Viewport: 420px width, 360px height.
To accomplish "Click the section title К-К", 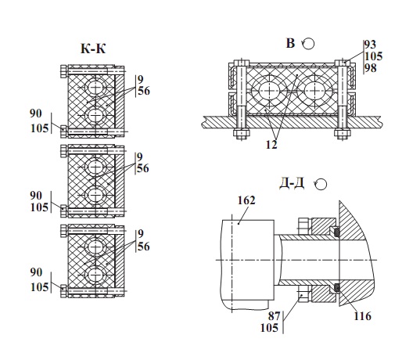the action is [93, 49].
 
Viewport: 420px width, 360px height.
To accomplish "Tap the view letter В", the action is [290, 43].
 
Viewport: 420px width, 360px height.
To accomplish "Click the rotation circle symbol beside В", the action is [308, 44].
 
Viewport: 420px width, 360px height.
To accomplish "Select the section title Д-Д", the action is [292, 184].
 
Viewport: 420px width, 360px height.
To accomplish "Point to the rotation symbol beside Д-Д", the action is [320, 185].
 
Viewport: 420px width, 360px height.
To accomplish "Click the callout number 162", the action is [246, 200].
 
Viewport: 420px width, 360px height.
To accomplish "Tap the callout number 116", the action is [363, 316].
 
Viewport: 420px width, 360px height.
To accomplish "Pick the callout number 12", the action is [271, 145].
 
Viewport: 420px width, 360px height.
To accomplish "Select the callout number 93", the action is [371, 45].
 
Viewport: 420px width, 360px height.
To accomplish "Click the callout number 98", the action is [371, 68].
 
